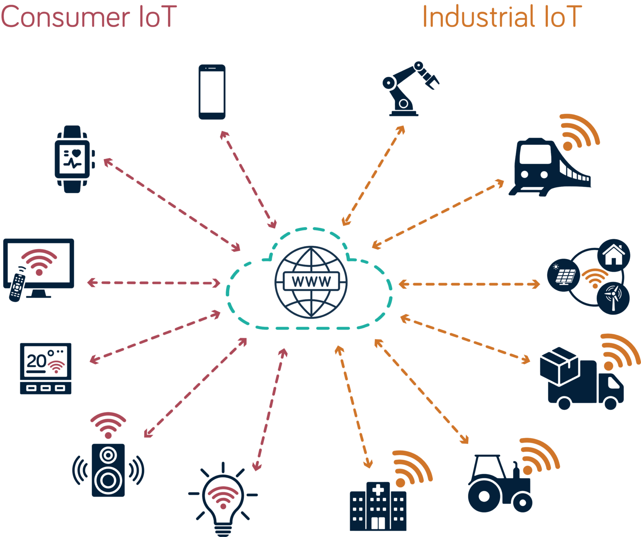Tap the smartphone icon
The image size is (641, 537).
point(212,92)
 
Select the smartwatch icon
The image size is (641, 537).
point(72,159)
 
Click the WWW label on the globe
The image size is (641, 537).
point(311,281)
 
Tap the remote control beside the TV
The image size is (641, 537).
point(17,287)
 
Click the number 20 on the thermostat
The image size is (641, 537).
point(36,361)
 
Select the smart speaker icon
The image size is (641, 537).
point(108,469)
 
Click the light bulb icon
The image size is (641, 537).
point(223,501)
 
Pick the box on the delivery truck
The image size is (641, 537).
point(558,365)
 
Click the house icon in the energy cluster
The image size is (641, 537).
point(613,255)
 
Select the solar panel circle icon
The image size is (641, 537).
point(563,275)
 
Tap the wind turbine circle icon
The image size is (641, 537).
point(613,297)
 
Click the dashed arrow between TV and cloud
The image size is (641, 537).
point(154,283)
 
